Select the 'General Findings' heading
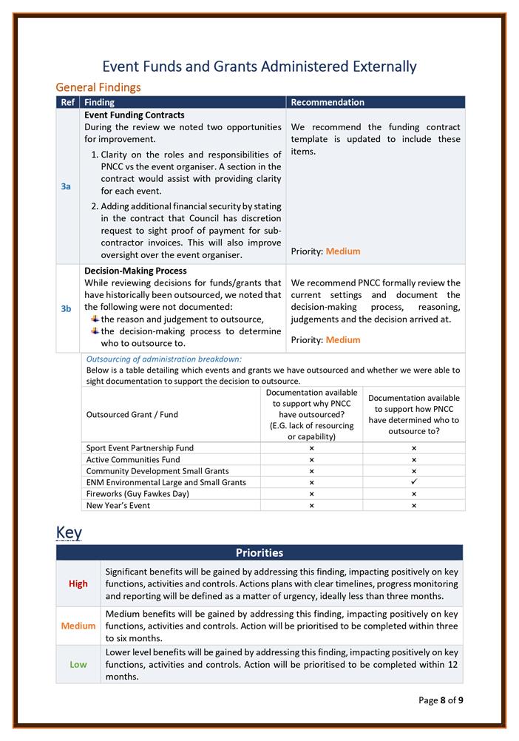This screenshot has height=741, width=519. coord(98,87)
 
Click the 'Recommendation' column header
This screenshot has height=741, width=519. coord(328,102)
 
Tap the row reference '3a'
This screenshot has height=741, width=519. coord(66,187)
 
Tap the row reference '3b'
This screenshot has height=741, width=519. coord(66,308)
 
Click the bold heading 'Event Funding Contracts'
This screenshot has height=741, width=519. coord(135,115)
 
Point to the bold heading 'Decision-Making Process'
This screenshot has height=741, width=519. coord(135,271)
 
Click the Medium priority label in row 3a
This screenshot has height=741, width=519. coord(343,251)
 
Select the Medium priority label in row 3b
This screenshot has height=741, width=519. coord(343,340)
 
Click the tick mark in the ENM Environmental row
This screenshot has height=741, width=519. coord(414,482)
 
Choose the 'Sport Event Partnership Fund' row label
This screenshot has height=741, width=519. coord(140,448)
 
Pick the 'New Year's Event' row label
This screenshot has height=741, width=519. coord(118,505)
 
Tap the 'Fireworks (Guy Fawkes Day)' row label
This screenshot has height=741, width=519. coord(138,493)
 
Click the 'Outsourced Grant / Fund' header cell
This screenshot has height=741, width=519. coord(132,415)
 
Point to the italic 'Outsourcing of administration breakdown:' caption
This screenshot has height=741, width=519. coord(164,359)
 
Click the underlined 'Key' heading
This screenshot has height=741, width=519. coord(69,532)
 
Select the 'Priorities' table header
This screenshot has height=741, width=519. coord(259,552)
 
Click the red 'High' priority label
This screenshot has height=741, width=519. coord(78,583)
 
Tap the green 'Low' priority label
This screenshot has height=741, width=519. coord(78,664)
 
